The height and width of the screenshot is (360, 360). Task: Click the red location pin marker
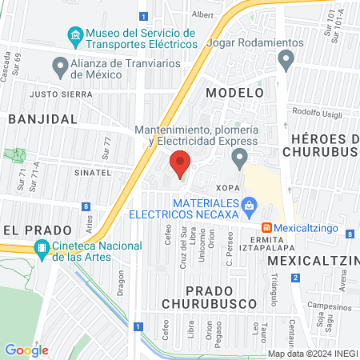pyautogui.click(x=181, y=163)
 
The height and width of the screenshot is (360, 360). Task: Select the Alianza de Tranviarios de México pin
pyautogui.click(x=59, y=65)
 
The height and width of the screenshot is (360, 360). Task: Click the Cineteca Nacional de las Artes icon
pyautogui.click(x=42, y=249)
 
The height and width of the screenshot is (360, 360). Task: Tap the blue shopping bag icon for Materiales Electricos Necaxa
pyautogui.click(x=250, y=206)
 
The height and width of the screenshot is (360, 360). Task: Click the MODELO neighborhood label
pyautogui.click(x=234, y=93)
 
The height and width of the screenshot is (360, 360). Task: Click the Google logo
pyautogui.click(x=26, y=350)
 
